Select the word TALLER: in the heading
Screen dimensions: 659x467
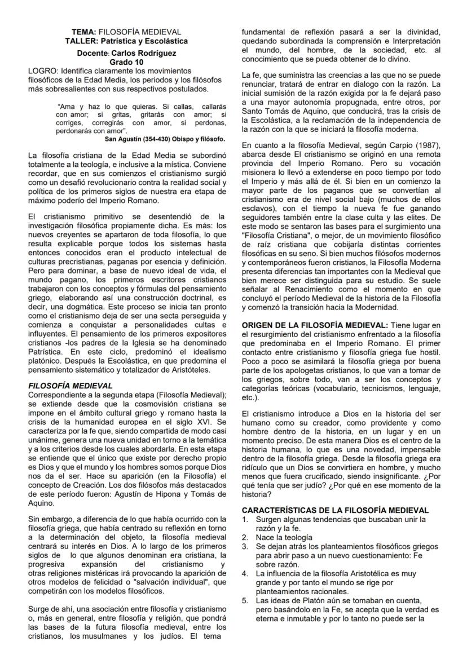82,41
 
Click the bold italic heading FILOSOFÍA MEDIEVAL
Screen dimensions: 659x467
70,386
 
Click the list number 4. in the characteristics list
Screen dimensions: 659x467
245,574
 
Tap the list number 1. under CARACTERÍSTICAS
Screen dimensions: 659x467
245,519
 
